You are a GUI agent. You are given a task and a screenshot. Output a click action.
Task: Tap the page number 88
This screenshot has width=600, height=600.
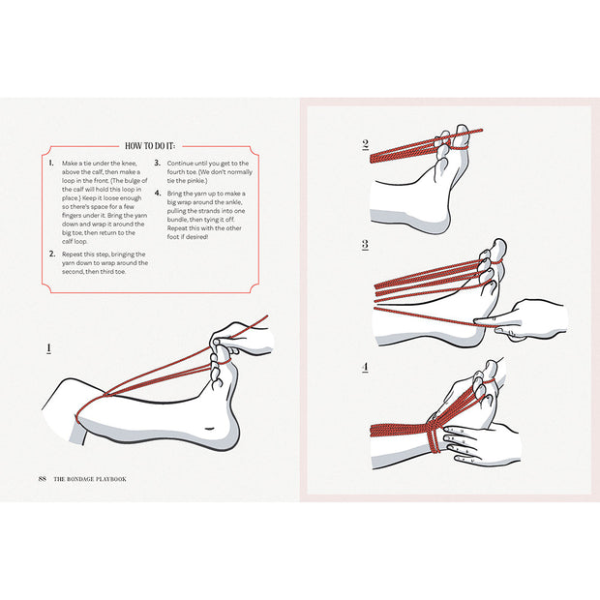[42, 479]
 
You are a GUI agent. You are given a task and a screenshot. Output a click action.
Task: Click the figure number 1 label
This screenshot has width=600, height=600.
[48, 347]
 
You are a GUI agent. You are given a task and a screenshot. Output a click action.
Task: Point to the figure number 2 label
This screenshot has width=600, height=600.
[366, 145]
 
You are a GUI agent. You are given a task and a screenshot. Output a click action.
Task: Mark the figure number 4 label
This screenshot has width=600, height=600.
[366, 368]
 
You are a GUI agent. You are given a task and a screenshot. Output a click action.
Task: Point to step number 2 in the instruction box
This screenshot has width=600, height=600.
[51, 254]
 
